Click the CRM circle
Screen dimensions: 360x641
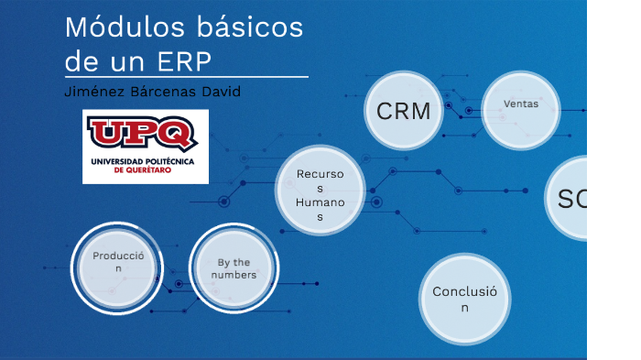coord(404,111)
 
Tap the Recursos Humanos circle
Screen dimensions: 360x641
coord(320,190)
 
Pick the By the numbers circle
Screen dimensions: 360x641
coord(234,267)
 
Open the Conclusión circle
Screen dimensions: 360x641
coord(464,300)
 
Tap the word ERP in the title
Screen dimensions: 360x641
coord(184,60)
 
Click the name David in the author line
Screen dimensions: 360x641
coord(221,93)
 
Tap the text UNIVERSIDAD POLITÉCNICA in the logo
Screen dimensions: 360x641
coord(145,161)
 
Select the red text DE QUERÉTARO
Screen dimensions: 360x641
coord(145,170)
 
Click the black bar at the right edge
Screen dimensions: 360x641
coord(614,180)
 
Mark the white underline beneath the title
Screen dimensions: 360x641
coord(186,78)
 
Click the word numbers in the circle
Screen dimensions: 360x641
coord(234,275)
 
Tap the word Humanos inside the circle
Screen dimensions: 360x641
coord(320,202)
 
